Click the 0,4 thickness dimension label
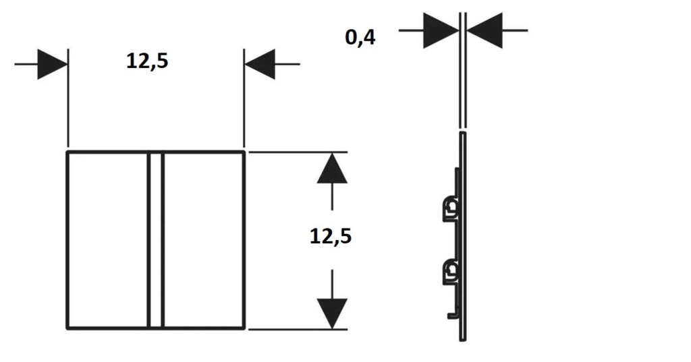(360, 38)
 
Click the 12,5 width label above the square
(147, 61)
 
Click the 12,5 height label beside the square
(331, 237)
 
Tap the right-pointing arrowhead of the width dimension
(53, 64)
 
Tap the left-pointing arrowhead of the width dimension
(260, 64)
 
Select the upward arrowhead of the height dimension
(332, 168)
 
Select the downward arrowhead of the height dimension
(332, 313)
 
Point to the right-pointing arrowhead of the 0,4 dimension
(441, 30)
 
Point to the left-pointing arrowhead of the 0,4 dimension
(485, 30)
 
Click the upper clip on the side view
(450, 208)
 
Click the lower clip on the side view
(450, 272)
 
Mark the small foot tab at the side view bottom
(453, 315)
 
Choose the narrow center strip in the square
(156, 241)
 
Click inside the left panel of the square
(108, 241)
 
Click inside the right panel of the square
(203, 241)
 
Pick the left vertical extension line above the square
(68, 98)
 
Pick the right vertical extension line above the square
(244, 98)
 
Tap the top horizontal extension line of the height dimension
(298, 152)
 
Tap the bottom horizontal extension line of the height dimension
(298, 329)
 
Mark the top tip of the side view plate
(463, 131)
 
